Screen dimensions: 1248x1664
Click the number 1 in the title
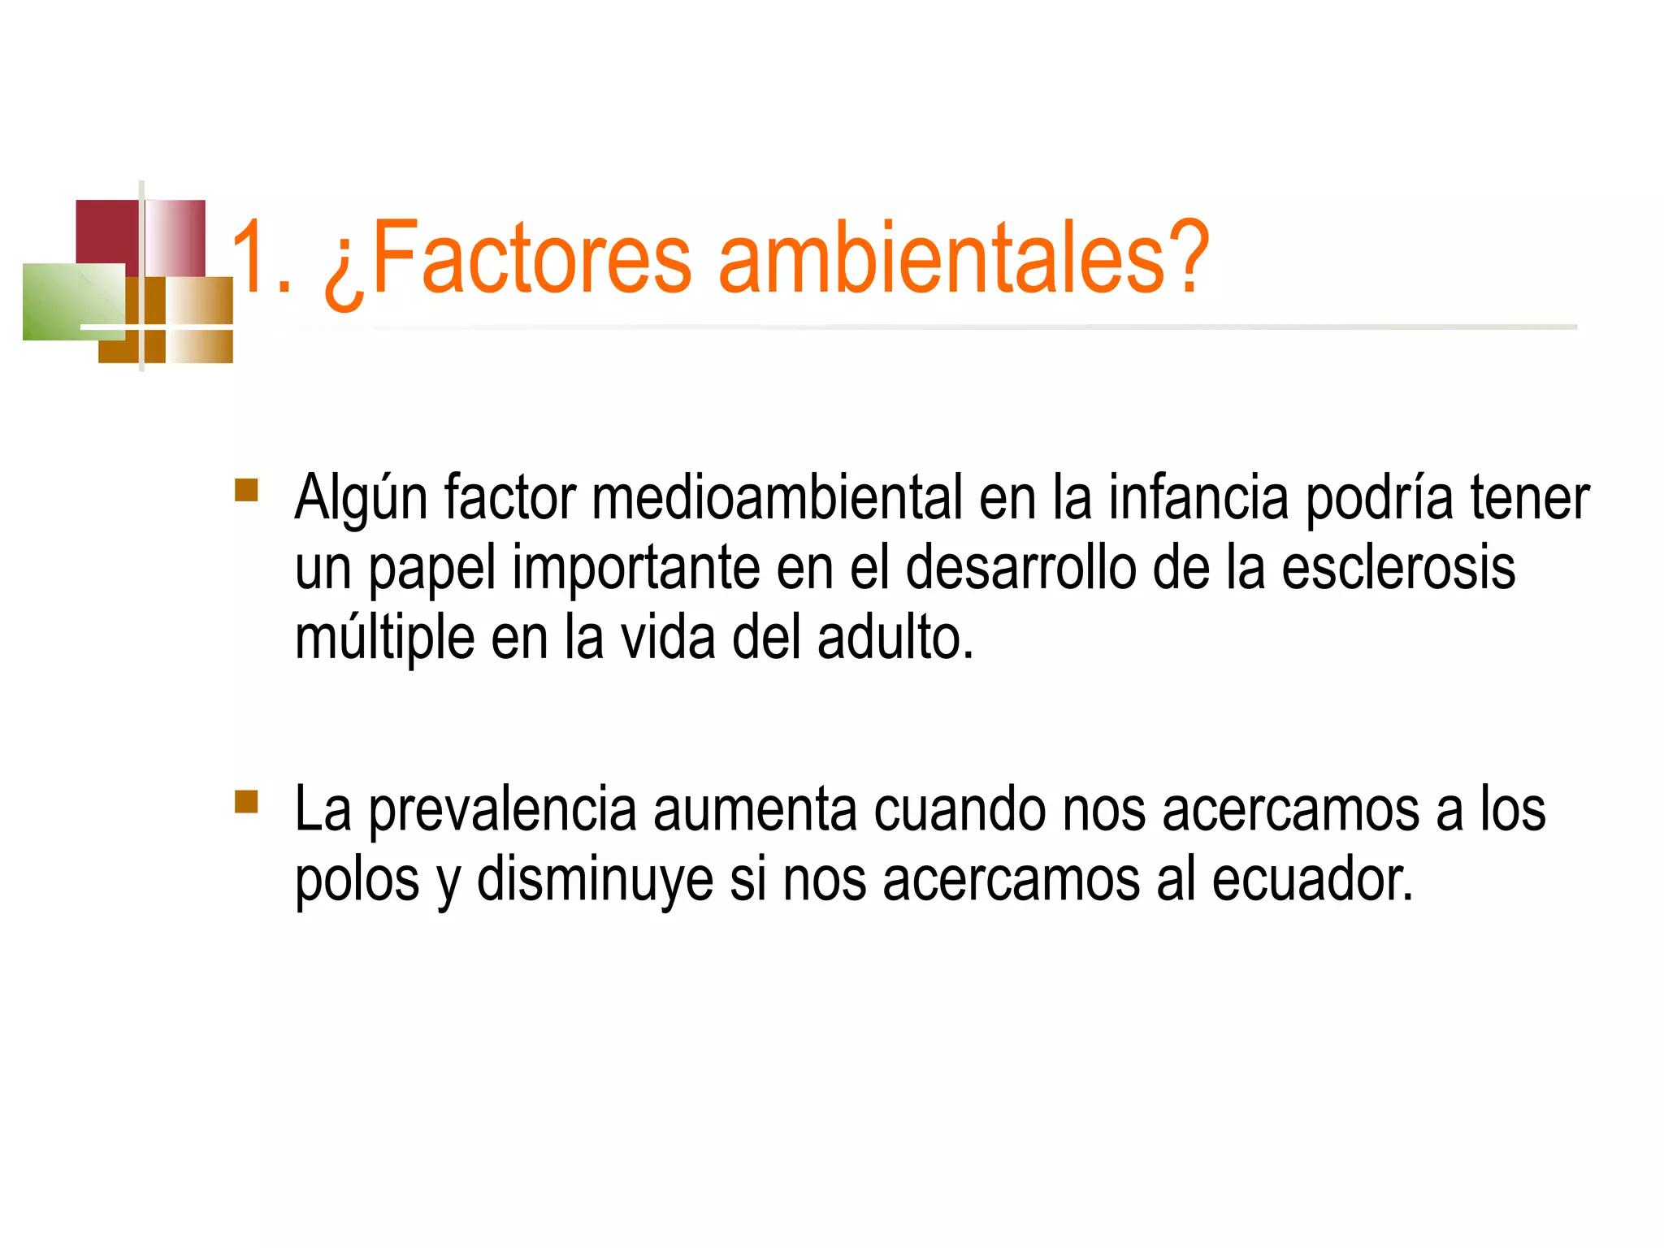point(252,258)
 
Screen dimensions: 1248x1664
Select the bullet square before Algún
point(246,490)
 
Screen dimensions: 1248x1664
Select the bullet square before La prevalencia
point(246,802)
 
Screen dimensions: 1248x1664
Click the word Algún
point(361,498)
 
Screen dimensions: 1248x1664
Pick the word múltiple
point(384,638)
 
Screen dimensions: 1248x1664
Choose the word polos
point(357,880)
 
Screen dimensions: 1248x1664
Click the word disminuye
point(594,880)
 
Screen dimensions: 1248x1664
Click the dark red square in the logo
point(106,231)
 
